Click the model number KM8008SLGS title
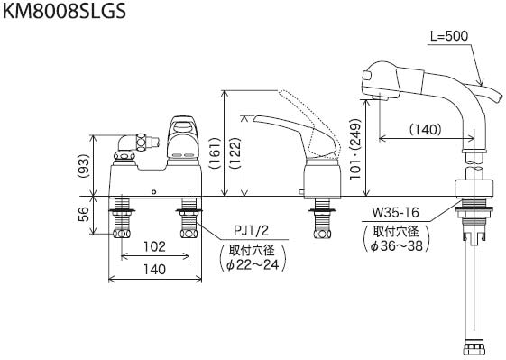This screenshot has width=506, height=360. coord(64,12)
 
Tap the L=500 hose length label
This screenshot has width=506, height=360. coord(449,36)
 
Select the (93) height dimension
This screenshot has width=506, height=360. coord(84,166)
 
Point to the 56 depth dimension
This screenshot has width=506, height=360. coord(83,214)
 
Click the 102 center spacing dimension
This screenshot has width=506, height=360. coord(154,246)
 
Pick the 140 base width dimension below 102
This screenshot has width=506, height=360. coord(155,269)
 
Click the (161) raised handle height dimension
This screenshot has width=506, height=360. coord(215,153)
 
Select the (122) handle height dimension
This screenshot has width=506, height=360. coord(235,153)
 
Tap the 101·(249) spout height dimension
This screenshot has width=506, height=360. coord(356,149)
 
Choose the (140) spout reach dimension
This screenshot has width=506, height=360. coord(426,130)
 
